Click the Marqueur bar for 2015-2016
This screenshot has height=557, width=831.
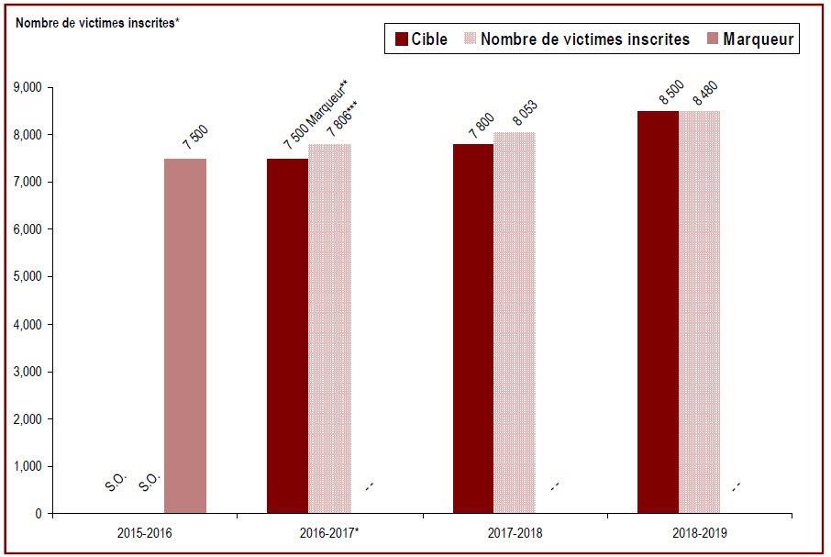[185, 336]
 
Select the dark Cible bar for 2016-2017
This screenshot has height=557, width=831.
[288, 336]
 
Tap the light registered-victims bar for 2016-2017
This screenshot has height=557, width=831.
[329, 329]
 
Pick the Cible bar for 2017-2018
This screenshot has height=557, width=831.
[473, 329]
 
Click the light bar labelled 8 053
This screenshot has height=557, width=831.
[515, 323]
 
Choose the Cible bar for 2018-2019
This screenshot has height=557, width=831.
[659, 312]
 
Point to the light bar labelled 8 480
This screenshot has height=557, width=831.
[700, 312]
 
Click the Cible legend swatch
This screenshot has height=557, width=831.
[402, 39]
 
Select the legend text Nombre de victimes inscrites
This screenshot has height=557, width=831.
[585, 39]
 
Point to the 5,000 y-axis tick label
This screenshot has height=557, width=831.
[27, 276]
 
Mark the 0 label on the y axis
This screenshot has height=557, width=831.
[39, 514]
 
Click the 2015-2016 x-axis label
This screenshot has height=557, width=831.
[145, 532]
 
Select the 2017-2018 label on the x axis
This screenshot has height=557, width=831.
[515, 532]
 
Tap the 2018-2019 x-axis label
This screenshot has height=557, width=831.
[700, 532]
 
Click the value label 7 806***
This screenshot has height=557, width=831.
[342, 120]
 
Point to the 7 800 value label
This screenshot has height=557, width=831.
[482, 126]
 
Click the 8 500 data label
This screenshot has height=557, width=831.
[671, 92]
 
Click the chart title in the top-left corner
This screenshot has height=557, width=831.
[96, 23]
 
